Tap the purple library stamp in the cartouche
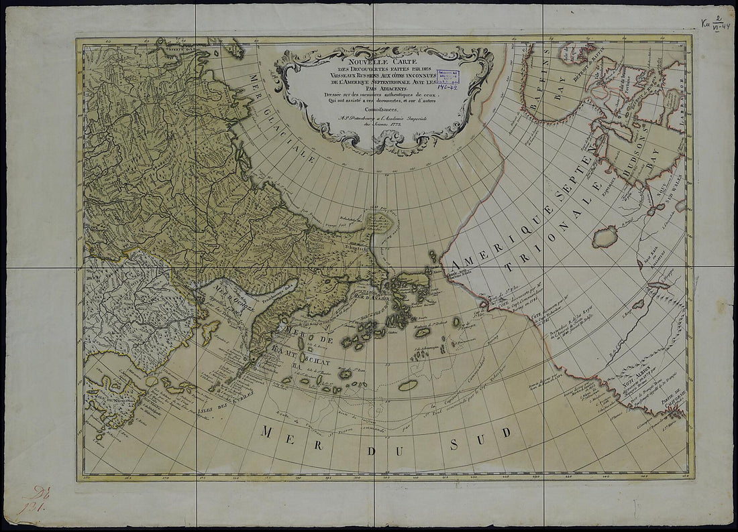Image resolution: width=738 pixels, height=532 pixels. pyautogui.click(x=450, y=79)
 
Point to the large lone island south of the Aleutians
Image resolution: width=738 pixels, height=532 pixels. pyautogui.click(x=408, y=385)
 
